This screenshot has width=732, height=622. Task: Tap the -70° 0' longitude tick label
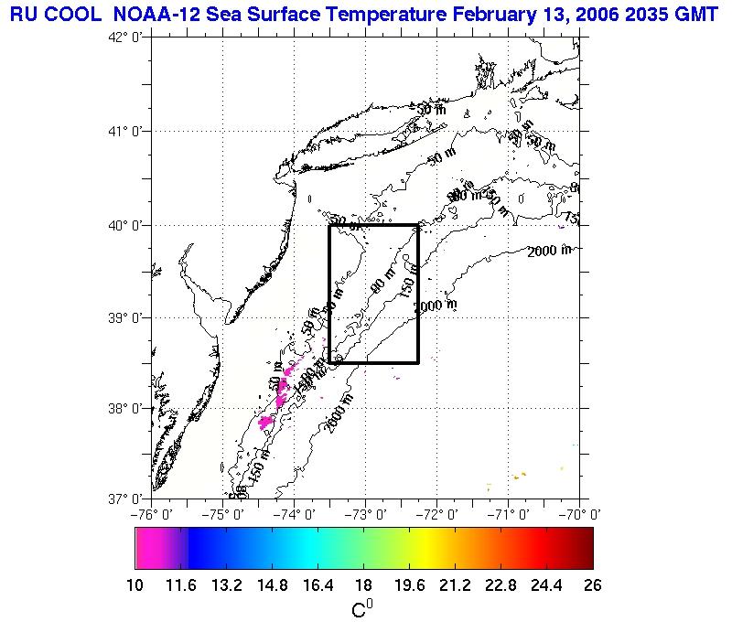(582, 514)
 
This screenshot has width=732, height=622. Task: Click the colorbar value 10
(135, 586)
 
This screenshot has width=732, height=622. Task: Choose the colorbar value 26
(593, 586)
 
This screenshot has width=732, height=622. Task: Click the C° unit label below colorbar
(362, 607)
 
